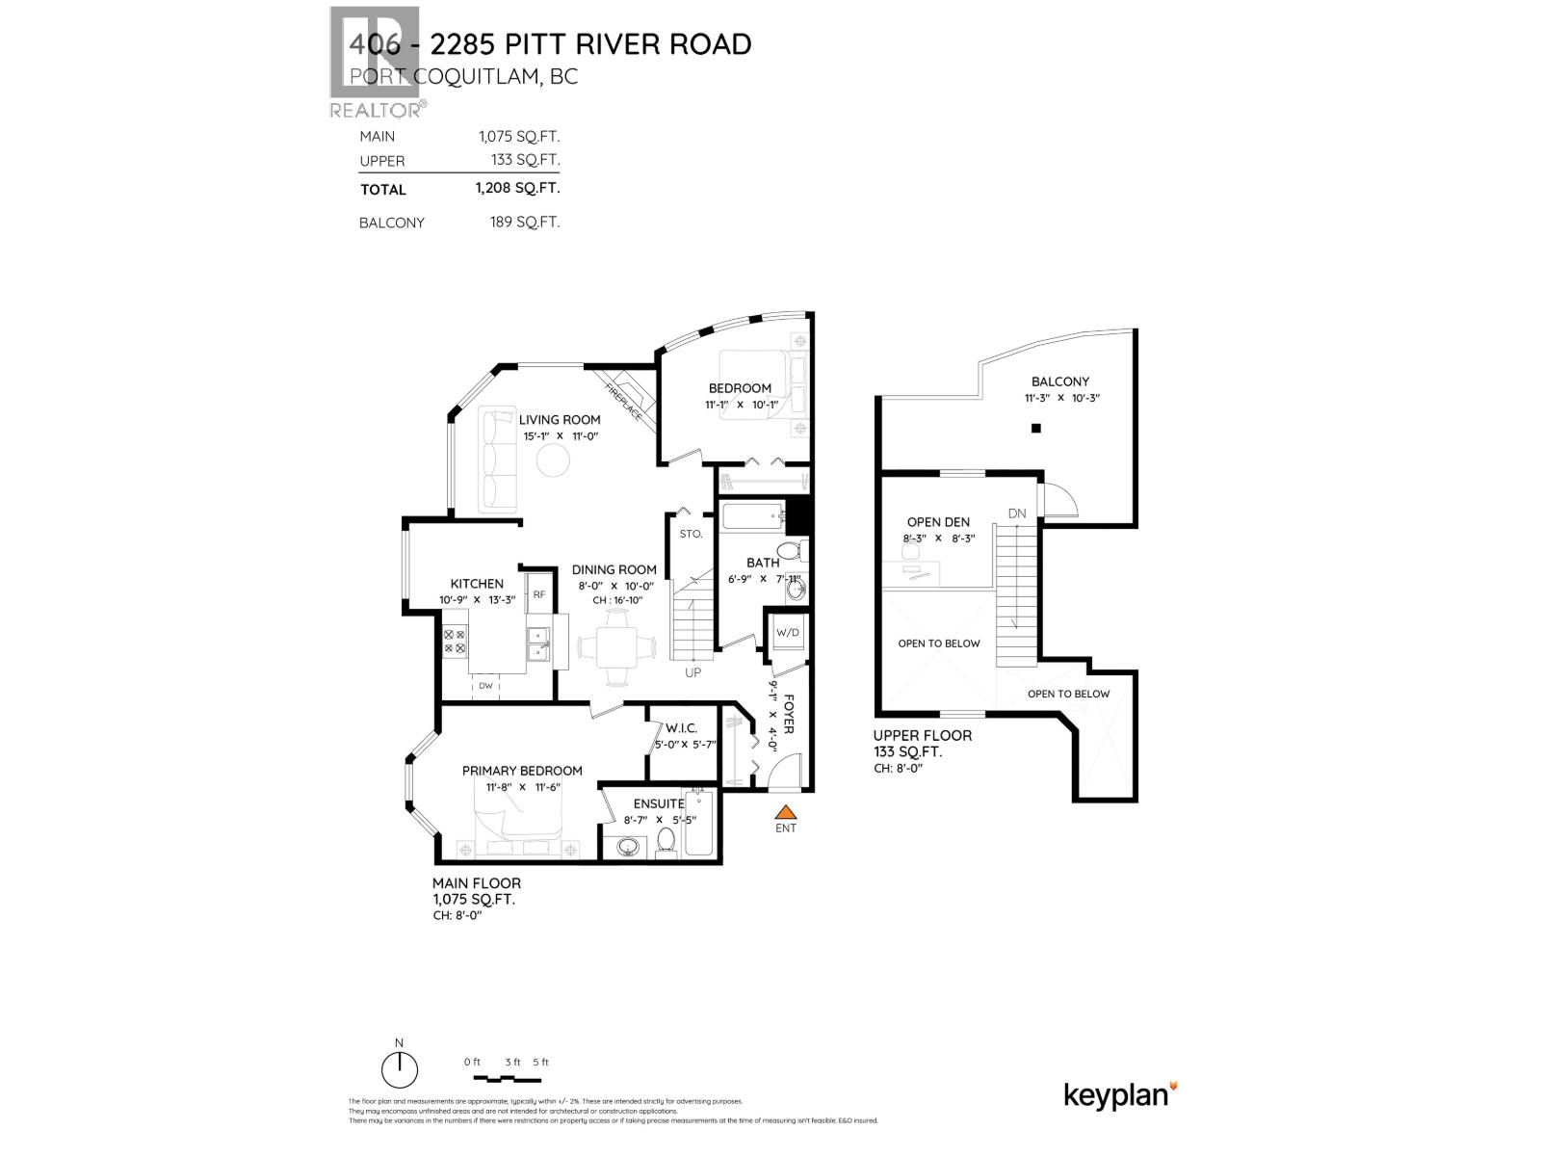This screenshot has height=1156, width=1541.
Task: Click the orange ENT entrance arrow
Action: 786,811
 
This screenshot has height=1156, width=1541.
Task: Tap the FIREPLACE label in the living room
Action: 623,400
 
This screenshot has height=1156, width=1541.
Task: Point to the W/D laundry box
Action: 788,633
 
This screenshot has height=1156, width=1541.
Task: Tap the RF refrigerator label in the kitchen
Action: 539,594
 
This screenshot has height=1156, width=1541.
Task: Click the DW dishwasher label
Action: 485,686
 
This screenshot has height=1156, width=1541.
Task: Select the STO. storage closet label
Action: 691,533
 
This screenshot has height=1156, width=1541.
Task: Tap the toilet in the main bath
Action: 790,552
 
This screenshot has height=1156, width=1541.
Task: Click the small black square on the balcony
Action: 1035,429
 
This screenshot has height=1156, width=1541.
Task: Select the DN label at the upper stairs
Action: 1017,513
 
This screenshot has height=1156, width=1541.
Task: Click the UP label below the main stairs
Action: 692,672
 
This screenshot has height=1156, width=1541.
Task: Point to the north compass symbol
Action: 399,1067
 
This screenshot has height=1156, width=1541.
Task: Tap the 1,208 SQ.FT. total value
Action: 517,189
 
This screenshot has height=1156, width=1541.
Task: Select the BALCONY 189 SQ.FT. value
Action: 525,223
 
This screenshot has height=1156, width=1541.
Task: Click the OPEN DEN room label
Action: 938,522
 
